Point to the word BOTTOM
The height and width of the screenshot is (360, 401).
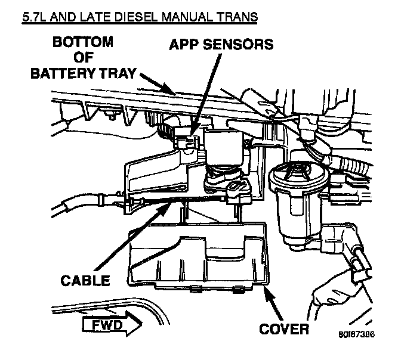click(x=84, y=43)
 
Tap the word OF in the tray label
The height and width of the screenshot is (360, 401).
click(x=84, y=58)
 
